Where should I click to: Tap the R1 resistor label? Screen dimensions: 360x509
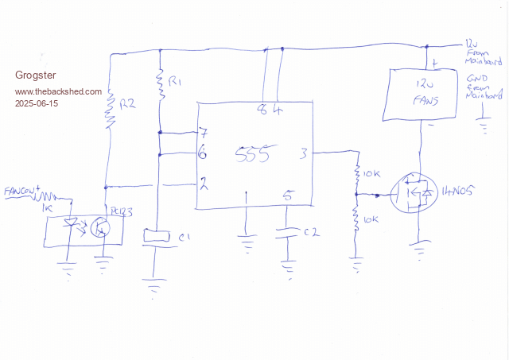pos(177,83)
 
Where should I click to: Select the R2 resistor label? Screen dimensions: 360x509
pos(126,104)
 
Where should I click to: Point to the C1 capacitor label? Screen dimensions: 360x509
pos(185,237)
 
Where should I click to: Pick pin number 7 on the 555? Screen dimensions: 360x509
pos(204,132)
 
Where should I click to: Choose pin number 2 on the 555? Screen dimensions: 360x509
pos(204,184)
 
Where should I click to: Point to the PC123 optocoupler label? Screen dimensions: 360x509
pos(121,212)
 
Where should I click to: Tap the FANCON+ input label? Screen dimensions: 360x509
pos(22,192)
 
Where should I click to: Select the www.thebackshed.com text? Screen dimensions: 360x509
pos(58,91)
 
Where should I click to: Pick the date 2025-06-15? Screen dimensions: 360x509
pos(37,104)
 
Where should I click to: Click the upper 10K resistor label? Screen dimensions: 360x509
pos(372,172)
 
